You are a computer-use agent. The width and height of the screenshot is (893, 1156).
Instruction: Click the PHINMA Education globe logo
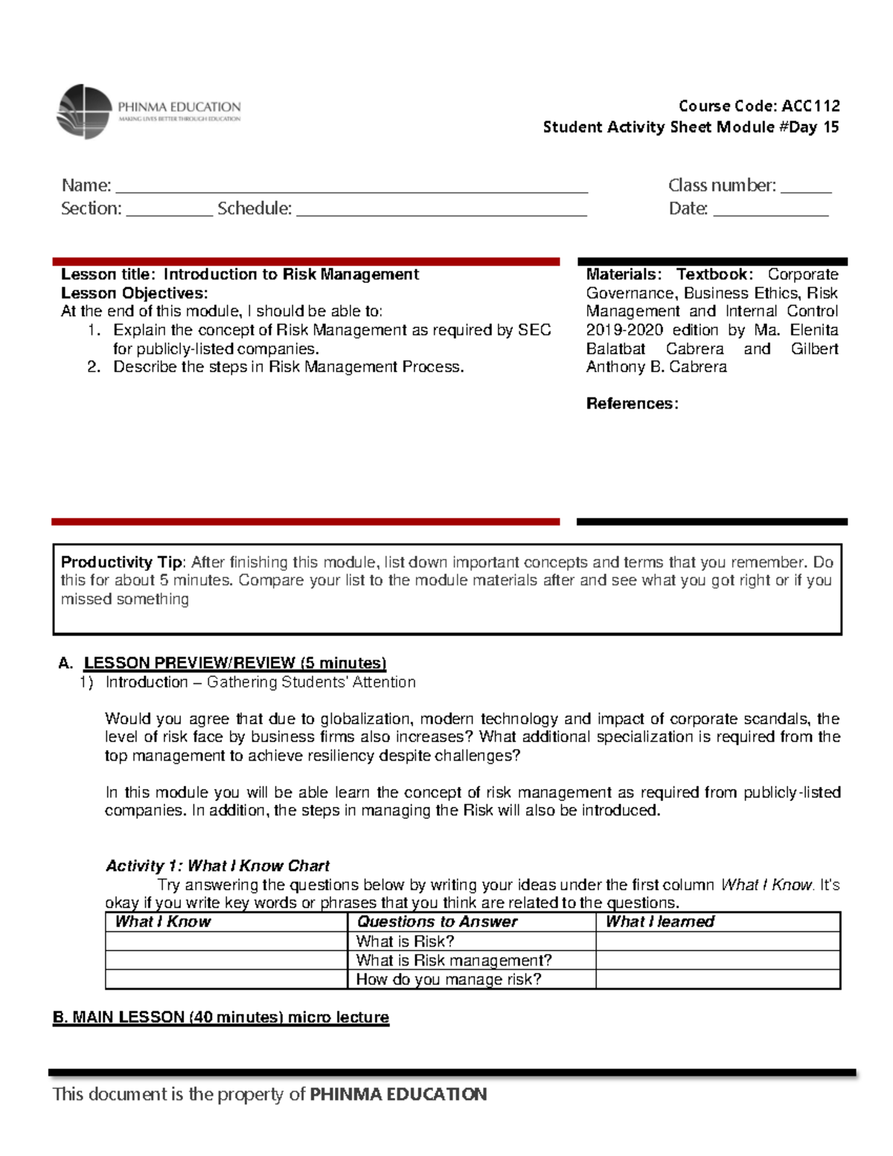click(84, 112)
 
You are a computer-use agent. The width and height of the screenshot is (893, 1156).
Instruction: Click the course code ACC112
click(810, 106)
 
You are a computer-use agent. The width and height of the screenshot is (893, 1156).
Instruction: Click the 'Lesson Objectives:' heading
click(134, 293)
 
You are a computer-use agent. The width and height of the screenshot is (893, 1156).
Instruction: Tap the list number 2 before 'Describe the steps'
click(93, 366)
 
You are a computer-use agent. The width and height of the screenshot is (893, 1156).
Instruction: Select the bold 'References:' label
click(632, 403)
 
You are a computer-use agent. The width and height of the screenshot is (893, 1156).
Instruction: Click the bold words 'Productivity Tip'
click(121, 562)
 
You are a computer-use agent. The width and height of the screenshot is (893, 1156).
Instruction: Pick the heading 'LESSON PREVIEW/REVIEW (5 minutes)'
click(234, 662)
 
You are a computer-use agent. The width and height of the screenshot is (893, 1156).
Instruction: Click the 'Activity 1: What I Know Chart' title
click(217, 866)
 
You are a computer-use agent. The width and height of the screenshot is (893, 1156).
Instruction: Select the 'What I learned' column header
click(659, 922)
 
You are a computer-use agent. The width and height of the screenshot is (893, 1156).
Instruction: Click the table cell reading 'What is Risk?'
click(405, 941)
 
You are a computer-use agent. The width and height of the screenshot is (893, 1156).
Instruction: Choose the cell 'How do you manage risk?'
click(448, 979)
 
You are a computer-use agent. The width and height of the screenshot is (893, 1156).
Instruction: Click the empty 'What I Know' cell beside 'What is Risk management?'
click(226, 960)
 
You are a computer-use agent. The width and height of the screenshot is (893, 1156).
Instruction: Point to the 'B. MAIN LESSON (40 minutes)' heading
click(220, 1017)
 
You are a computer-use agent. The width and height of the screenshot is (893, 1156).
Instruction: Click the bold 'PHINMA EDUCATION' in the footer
click(398, 1093)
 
